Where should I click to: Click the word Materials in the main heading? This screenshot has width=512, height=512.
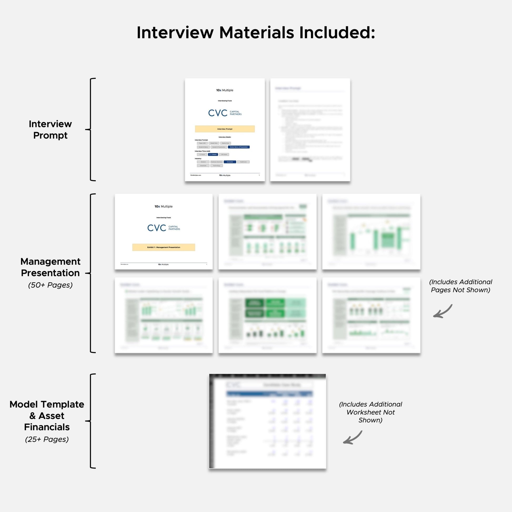point(256,33)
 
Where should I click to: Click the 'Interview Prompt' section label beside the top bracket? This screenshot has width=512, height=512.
point(50,130)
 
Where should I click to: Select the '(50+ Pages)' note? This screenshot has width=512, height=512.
point(50,285)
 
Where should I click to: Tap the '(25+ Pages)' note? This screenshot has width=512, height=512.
point(47,439)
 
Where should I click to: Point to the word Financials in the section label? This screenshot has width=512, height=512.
point(47,427)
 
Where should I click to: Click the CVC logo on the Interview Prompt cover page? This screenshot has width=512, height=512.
point(224,113)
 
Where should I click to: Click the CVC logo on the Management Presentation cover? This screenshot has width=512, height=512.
point(163,228)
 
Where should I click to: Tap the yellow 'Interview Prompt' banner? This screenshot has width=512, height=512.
point(225,129)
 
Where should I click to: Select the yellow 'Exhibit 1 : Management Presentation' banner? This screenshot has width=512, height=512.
point(163,247)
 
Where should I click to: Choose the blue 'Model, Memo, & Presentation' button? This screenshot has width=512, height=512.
point(239,147)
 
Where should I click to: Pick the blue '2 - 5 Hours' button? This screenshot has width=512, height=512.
point(213,154)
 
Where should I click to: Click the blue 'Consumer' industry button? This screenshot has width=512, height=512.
point(230,162)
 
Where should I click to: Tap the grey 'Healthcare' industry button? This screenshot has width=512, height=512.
point(243,162)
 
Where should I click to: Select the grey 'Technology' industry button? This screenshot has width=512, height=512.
point(216,166)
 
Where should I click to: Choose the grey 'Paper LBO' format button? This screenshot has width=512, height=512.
point(202,143)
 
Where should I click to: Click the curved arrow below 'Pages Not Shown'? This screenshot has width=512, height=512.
point(443,312)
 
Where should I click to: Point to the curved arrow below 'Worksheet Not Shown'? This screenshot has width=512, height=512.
point(353,438)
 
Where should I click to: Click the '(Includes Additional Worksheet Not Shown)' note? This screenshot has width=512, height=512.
point(370,412)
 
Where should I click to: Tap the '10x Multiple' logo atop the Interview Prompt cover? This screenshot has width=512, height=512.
point(224,90)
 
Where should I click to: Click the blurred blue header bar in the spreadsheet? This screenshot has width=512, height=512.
point(269,394)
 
